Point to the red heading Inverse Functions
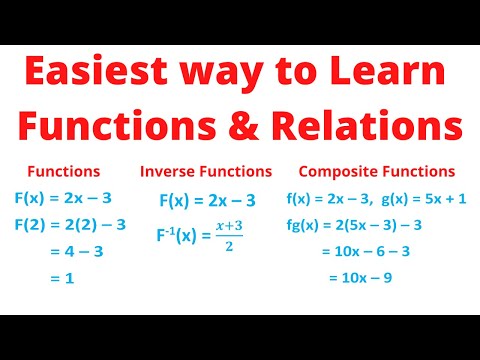coord(206,171)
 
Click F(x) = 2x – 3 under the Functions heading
coord(71,197)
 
